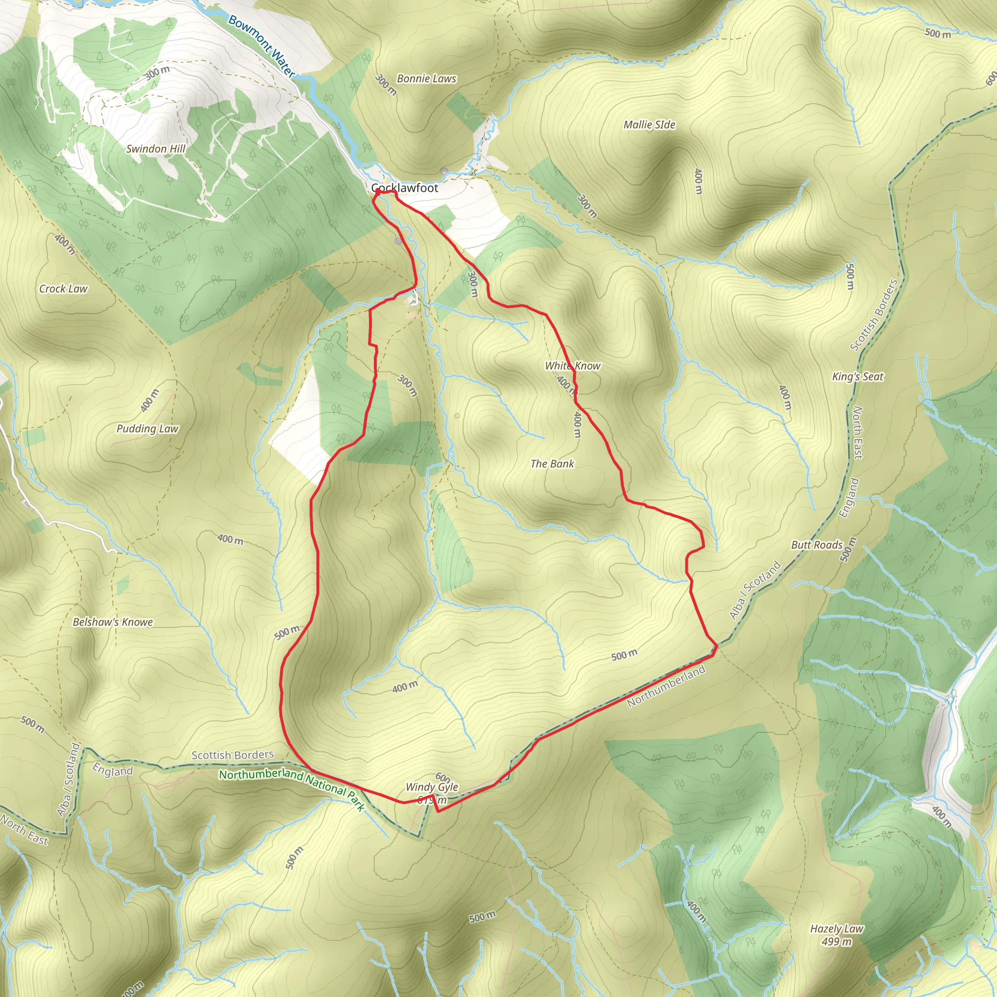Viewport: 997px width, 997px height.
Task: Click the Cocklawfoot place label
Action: tap(405, 188)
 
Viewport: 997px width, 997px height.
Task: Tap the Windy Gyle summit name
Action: tap(431, 787)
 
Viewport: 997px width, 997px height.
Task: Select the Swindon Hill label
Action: tap(156, 148)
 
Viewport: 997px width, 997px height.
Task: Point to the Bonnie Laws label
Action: tap(426, 78)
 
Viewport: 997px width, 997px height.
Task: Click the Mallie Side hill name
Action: tap(649, 124)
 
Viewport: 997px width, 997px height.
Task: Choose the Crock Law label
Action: tap(63, 289)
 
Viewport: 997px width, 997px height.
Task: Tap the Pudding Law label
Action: tap(147, 428)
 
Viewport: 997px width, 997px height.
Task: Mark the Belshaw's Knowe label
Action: tap(112, 622)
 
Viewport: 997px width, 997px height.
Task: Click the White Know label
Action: tap(573, 366)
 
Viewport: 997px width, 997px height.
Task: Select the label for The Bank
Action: tap(552, 463)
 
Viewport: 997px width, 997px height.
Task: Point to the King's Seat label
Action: tap(858, 376)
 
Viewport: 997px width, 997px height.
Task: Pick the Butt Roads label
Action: tap(816, 545)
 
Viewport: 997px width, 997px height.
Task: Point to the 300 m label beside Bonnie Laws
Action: tap(386, 85)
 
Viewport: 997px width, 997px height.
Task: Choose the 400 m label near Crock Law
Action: tap(65, 244)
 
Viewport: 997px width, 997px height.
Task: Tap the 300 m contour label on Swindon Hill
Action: tap(157, 73)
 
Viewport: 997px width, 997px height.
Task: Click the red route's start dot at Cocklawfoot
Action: tap(379, 191)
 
